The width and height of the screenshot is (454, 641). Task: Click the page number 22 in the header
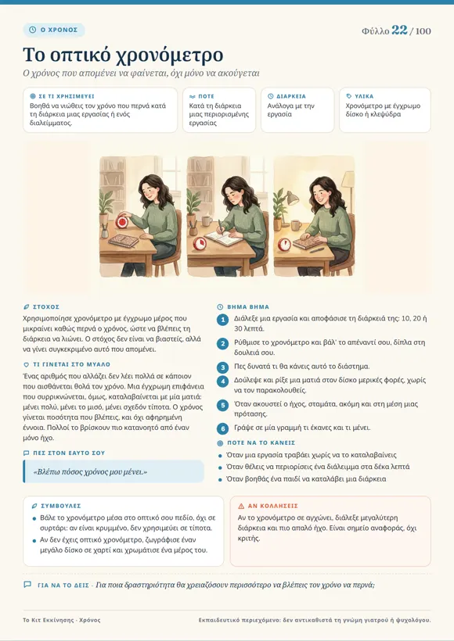399,30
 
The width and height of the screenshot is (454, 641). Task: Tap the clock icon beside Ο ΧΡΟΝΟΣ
33,30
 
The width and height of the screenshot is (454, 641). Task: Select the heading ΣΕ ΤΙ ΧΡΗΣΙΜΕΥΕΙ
67,96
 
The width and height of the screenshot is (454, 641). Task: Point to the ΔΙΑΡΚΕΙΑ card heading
291,96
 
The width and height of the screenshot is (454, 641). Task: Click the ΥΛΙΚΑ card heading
364,96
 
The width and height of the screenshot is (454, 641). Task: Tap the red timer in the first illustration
122,222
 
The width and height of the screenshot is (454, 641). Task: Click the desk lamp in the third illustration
291,198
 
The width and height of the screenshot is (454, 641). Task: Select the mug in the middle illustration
207,221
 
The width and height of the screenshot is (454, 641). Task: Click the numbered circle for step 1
222,320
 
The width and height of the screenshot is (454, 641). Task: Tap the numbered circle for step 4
222,381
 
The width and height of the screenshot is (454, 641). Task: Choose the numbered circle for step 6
222,428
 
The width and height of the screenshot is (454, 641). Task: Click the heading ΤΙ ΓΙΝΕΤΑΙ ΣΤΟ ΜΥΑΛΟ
72,364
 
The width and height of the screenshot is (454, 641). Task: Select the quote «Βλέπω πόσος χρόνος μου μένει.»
90,471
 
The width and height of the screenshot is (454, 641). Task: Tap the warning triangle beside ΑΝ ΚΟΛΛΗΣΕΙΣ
241,506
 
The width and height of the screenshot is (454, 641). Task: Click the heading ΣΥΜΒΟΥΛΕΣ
61,506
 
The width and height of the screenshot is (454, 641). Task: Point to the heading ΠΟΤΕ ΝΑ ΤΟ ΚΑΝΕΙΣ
261,442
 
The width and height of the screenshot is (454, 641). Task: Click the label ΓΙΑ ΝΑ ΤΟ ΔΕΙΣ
63,585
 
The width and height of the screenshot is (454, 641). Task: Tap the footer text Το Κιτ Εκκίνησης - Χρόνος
61,620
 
